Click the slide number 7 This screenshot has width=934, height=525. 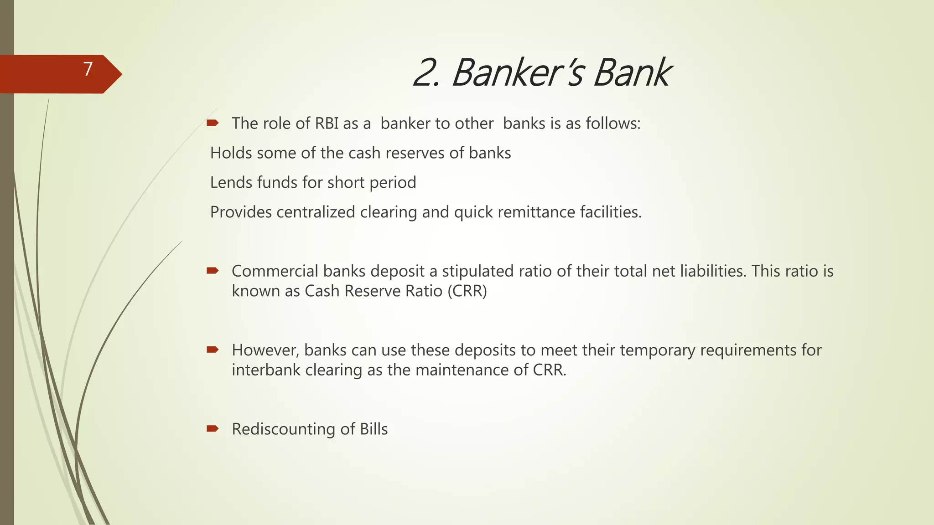[88, 69]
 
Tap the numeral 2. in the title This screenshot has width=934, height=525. [426, 73]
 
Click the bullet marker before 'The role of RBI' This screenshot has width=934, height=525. [213, 123]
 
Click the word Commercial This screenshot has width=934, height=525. [275, 271]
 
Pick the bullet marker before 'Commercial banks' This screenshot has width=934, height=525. [213, 271]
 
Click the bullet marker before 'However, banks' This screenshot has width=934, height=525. [213, 350]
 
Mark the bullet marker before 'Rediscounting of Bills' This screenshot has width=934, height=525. [213, 428]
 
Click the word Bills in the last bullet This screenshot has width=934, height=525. [374, 429]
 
